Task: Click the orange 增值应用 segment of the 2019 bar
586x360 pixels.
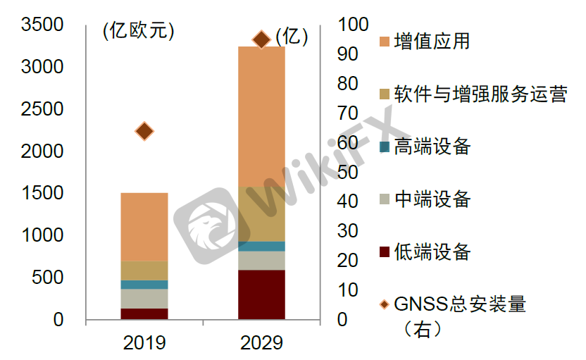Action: [144, 227]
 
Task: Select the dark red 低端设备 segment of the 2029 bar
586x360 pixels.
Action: [261, 294]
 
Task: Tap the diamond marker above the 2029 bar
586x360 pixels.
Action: [261, 39]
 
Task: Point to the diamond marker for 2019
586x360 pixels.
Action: [144, 131]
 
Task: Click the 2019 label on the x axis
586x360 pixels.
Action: [144, 343]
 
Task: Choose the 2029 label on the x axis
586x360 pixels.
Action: [261, 343]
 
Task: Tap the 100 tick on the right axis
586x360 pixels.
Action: [354, 25]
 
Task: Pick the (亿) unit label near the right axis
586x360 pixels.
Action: [292, 37]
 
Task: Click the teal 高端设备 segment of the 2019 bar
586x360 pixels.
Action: [144, 285]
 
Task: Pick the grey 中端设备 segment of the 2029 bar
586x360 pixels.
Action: [261, 261]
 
